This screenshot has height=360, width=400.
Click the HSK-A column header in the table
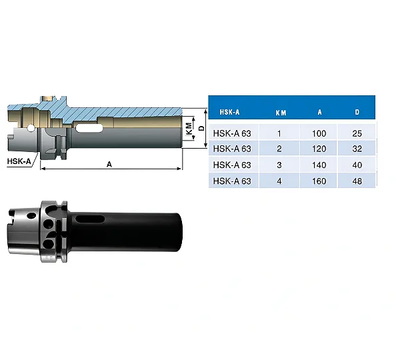pos(229,112)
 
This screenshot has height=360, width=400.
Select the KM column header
pos(281,113)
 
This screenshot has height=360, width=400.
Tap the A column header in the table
pos(319,112)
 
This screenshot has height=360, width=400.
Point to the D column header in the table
pos(357,112)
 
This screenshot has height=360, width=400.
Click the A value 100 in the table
pos(319,133)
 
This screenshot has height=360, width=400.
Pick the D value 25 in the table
pos(357,133)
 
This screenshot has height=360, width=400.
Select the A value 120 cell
pos(319,149)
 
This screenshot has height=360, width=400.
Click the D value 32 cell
pos(357,149)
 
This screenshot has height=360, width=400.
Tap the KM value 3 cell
pos(279,165)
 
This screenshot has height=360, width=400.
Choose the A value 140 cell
pos(319,165)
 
